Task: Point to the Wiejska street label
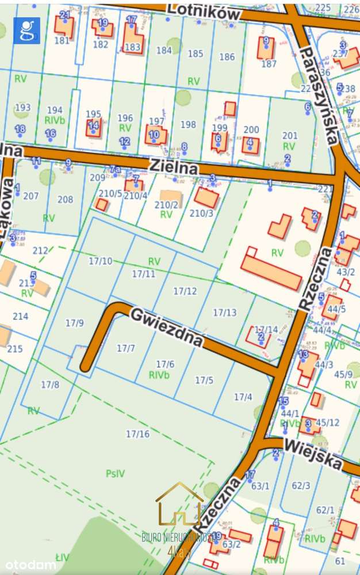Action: [313, 453]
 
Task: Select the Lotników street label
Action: [204, 10]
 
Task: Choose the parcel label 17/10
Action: [101, 261]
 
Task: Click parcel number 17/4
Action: [243, 397]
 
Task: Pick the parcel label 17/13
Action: [224, 313]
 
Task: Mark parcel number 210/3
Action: [201, 214]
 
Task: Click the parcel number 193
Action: [23, 108]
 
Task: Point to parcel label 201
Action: [290, 135]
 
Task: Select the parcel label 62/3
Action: [301, 486]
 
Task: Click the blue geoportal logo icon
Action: [26, 31]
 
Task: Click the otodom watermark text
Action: [28, 564]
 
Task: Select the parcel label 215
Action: [14, 349]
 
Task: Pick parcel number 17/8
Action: [50, 384]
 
